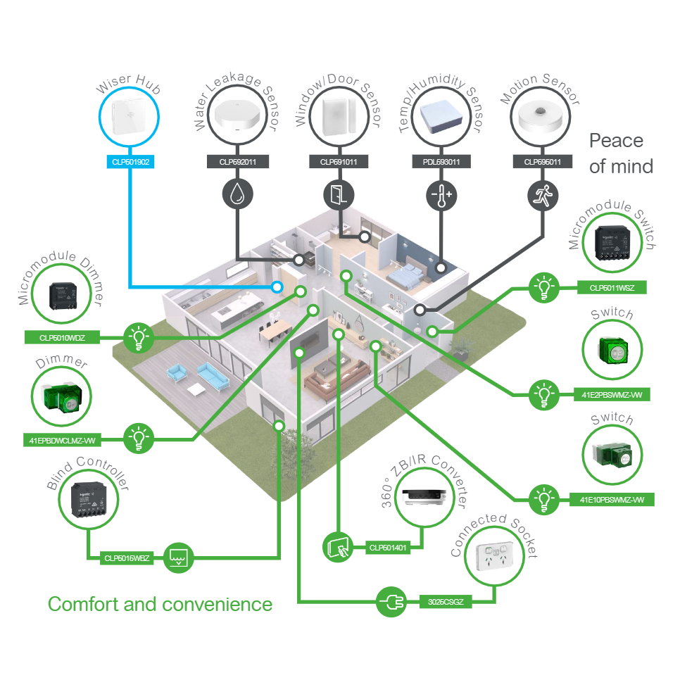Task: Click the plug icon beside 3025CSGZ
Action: [x=391, y=602]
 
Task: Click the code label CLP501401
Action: [x=386, y=547]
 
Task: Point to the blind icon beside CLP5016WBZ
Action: [x=177, y=558]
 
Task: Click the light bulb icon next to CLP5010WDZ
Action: [x=139, y=338]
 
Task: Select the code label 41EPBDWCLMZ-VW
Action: [x=63, y=441]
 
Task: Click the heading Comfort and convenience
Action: [x=160, y=604]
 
